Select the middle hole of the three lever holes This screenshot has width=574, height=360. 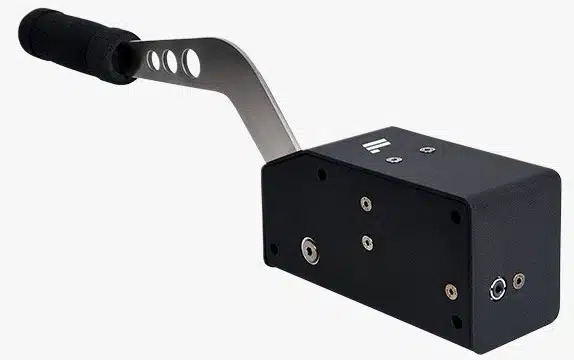[170, 62]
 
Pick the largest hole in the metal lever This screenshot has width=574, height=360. [189, 63]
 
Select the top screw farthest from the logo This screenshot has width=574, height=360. [427, 150]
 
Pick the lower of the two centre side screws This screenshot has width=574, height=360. [369, 241]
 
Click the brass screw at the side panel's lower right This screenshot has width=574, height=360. [451, 291]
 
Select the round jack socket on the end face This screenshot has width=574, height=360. [495, 290]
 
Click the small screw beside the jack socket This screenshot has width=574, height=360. [518, 281]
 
